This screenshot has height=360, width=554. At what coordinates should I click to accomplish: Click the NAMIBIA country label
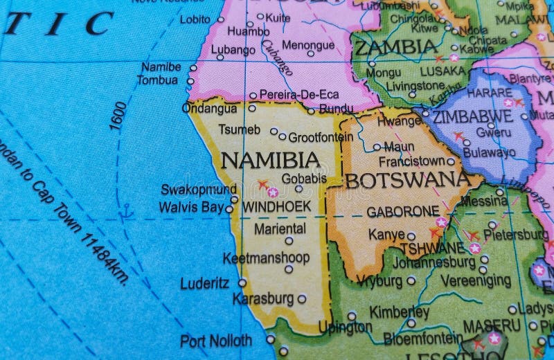[270, 161]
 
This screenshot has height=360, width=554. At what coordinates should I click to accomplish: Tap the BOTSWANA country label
[408, 180]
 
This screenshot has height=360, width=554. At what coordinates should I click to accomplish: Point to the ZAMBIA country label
[395, 47]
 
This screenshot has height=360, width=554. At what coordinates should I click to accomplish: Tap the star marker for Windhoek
[273, 192]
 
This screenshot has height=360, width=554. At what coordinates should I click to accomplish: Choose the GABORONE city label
[402, 211]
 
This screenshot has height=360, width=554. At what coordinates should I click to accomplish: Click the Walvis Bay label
[191, 207]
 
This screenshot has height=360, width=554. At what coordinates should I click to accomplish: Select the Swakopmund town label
[198, 189]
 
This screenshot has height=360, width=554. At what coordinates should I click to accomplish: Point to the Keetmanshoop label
[266, 258]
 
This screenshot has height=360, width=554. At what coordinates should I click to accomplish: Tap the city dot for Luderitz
[242, 282]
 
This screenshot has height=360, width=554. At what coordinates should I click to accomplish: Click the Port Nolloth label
[216, 341]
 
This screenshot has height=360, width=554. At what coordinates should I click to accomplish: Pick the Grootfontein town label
[321, 137]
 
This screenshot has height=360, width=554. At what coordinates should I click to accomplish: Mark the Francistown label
[412, 161]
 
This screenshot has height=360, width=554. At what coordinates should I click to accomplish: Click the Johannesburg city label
[434, 262]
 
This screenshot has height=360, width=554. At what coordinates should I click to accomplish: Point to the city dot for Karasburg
[301, 299]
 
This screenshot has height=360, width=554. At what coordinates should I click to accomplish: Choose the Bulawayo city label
[490, 152]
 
